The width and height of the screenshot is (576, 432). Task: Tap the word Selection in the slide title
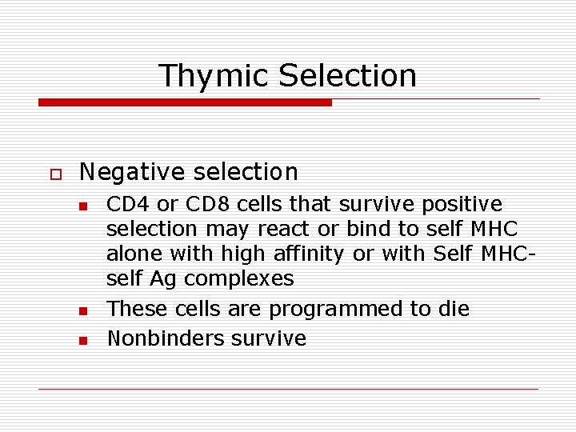(347, 76)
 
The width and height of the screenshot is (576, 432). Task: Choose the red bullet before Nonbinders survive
(82, 340)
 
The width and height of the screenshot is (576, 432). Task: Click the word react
(285, 229)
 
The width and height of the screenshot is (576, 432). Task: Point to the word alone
(133, 254)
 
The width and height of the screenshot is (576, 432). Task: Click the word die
(454, 309)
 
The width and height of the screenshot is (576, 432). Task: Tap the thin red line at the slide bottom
(288, 389)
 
